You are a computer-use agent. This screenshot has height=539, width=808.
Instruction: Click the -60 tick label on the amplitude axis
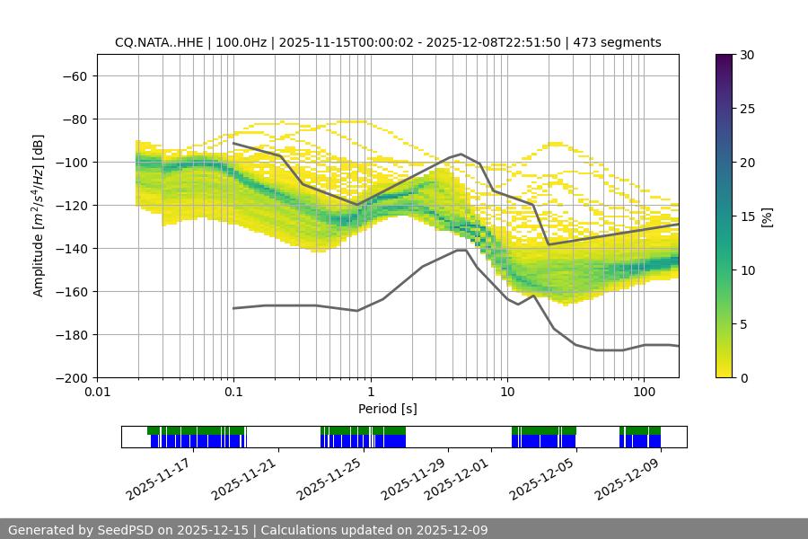click(x=75, y=76)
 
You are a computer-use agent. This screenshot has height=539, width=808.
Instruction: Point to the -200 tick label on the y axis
click(x=71, y=378)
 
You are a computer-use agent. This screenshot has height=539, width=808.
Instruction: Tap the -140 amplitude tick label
click(x=71, y=249)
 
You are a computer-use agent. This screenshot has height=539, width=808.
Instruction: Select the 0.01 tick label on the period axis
click(x=97, y=393)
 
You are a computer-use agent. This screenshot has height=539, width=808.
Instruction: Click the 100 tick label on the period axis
click(x=644, y=393)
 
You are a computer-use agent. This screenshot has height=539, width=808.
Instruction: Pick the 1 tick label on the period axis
click(x=370, y=393)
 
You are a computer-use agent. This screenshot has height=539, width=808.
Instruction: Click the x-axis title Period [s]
click(x=387, y=409)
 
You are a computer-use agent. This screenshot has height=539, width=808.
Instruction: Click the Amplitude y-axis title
click(x=39, y=216)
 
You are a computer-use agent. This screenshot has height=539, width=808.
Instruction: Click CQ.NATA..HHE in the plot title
click(x=156, y=42)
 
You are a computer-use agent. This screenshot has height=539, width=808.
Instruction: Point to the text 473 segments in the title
click(x=619, y=42)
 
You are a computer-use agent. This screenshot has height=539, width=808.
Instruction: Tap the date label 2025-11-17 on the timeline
click(x=157, y=480)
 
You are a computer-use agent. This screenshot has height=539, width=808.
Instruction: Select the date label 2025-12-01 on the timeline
click(x=456, y=480)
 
